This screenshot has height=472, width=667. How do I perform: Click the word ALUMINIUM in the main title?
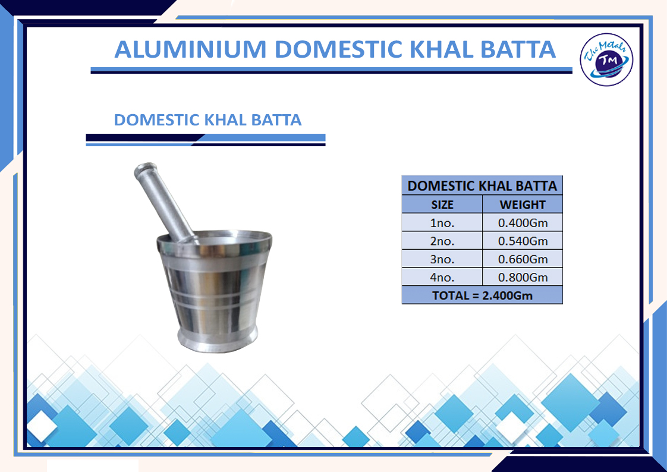(190, 49)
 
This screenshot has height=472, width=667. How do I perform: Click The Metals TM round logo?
(606, 59)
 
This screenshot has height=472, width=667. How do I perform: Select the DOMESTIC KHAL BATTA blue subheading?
(207, 120)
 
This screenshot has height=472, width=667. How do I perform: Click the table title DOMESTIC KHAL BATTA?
(482, 186)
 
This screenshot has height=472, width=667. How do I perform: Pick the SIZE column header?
(442, 204)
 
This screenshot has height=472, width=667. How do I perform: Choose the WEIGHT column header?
(523, 204)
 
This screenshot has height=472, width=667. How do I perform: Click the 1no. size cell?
(442, 223)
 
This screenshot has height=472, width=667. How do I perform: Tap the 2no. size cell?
(442, 241)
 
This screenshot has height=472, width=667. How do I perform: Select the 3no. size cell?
(442, 259)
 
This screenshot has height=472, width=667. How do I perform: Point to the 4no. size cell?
(442, 277)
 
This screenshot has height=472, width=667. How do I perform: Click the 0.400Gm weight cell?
(523, 223)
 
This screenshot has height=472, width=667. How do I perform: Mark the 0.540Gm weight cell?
(523, 241)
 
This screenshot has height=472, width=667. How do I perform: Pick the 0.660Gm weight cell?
(523, 259)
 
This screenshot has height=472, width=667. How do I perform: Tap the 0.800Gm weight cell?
(523, 277)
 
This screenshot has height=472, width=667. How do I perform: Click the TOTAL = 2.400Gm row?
(482, 295)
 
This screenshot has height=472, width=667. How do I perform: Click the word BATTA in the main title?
(518, 49)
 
